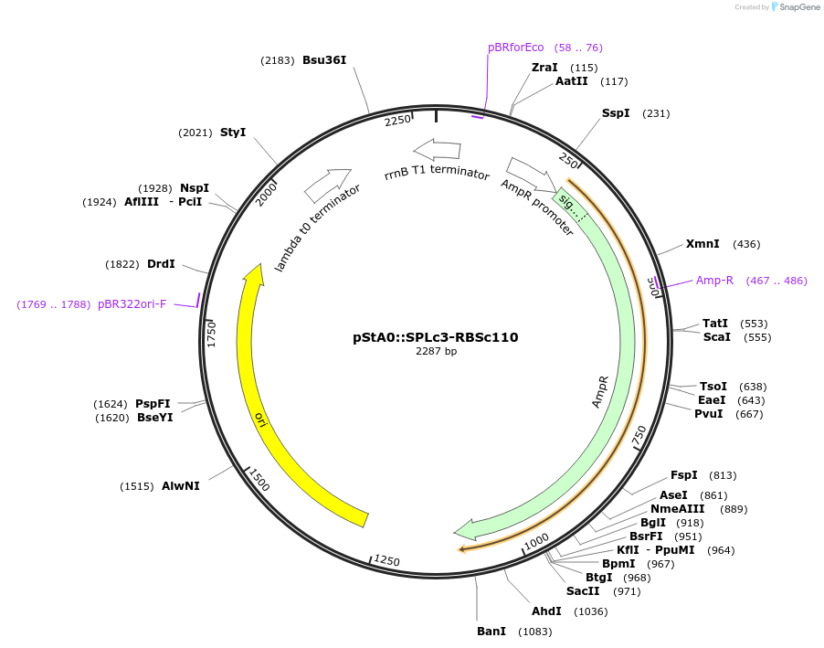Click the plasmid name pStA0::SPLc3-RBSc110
click(x=436, y=337)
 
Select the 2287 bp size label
click(x=436, y=351)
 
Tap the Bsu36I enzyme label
click(x=324, y=60)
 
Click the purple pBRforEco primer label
click(x=515, y=48)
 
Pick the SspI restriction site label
click(x=616, y=113)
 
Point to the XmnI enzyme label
click(x=703, y=244)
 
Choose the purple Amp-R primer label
click(x=714, y=281)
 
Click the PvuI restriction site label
click(x=708, y=414)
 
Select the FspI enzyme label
click(x=683, y=475)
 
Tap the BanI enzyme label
click(x=491, y=632)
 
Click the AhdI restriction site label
click(x=547, y=611)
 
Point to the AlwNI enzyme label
click(x=181, y=486)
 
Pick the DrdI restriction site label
click(x=161, y=264)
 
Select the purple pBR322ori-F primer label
click(x=132, y=304)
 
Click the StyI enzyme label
click(x=233, y=133)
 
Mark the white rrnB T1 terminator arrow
click(x=437, y=149)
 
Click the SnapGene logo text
click(x=797, y=7)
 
